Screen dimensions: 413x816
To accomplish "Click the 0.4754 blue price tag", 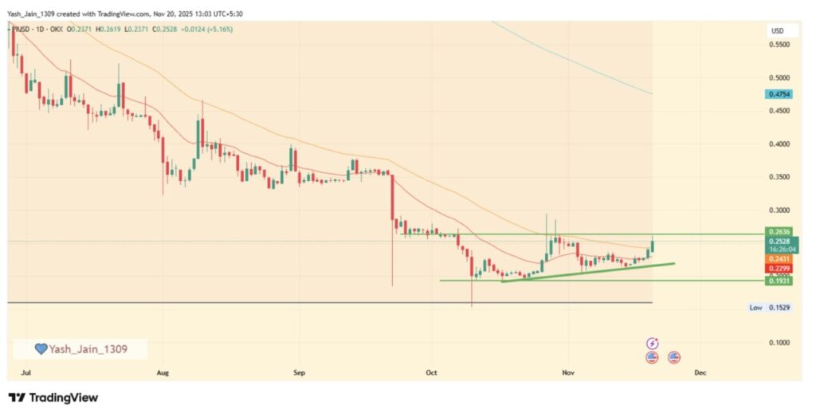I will coord(779,94).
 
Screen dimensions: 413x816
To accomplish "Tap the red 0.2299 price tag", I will coord(779,269).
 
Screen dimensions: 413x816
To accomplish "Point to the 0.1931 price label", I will coord(779,281).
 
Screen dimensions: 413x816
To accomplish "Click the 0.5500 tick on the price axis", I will coord(779,45).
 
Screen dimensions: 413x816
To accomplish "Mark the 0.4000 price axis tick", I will coord(779,144).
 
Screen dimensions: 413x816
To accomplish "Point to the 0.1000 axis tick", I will coord(779,342).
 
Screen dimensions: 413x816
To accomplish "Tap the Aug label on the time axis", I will coord(163,372).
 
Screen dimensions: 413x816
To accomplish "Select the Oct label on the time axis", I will coord(431,372).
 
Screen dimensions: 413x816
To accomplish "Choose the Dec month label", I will coord(700,372).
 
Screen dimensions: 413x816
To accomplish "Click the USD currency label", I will coord(777,30).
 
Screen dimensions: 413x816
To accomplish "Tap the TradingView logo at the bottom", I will coord(53,397).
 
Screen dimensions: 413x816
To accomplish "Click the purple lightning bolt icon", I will coord(653,343).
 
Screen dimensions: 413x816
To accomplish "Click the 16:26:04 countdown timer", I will coord(781,250).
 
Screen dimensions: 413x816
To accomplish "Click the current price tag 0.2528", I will coord(779,241).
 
